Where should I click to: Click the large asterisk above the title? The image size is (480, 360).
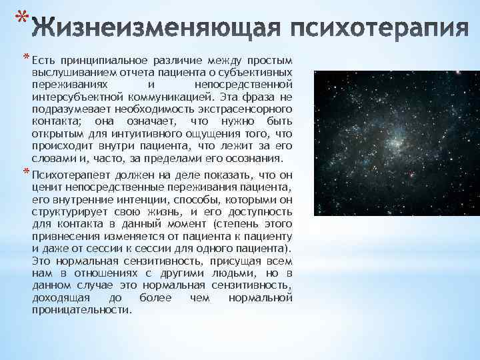(x=22, y=14)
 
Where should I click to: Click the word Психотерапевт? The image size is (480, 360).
(x=70, y=175)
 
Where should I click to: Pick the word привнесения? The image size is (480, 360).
(x=63, y=236)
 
